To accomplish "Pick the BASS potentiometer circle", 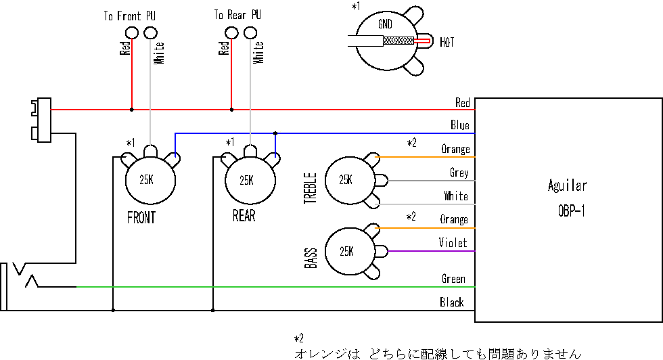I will [x=346, y=251].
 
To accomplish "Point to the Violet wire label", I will [x=452, y=243].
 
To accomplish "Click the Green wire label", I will [x=453, y=279].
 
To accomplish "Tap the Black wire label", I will [x=451, y=302].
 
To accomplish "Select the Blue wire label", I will [x=459, y=125].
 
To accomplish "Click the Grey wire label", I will [x=459, y=173].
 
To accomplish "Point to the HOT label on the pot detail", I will [x=447, y=43].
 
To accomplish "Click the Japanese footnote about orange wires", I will [x=437, y=353].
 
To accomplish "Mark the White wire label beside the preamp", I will [x=455, y=196].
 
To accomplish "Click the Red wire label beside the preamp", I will [x=462, y=103].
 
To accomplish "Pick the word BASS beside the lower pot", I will [x=311, y=258].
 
